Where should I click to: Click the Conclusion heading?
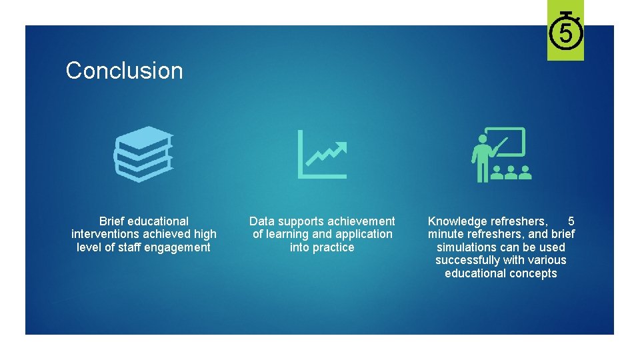[x=124, y=71]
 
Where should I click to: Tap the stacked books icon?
[x=143, y=154]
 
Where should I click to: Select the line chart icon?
[x=323, y=155]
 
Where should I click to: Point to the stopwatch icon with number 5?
[x=565, y=31]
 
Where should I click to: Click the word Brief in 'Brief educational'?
[x=111, y=221]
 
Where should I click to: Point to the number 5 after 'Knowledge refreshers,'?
[x=571, y=221]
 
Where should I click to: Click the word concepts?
[x=534, y=273]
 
